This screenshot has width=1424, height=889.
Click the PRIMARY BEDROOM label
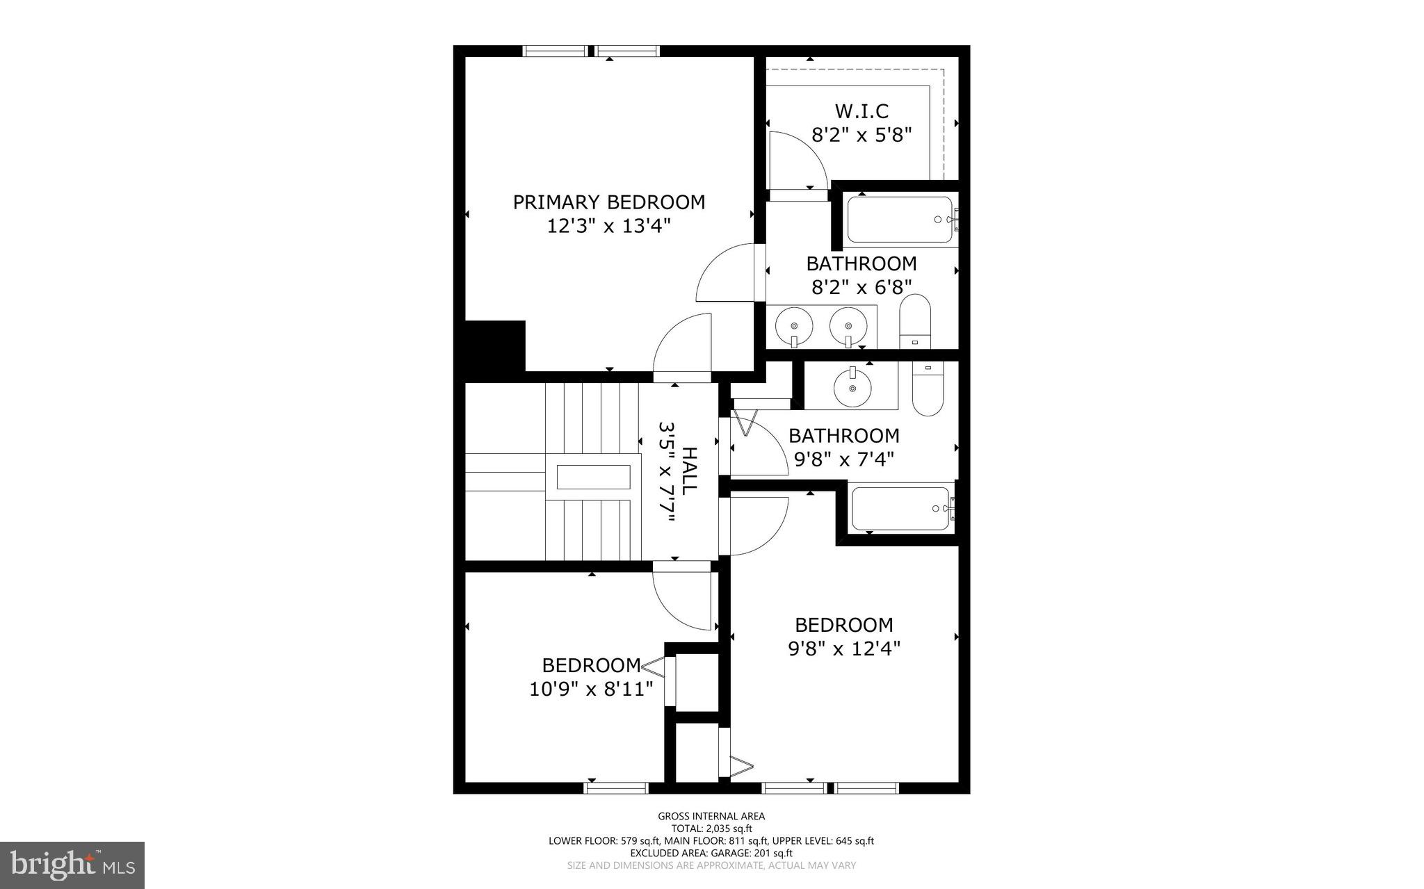coord(608,202)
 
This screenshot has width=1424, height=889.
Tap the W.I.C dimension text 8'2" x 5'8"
coord(861,135)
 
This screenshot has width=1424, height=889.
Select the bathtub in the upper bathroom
coord(899,220)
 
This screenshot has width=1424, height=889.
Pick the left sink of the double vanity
coord(793,325)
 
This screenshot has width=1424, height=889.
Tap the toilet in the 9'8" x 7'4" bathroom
coord(927,391)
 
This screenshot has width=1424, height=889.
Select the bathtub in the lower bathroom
coord(900,509)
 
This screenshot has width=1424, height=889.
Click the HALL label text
coord(688,471)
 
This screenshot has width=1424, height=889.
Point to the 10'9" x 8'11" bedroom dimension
coord(591,690)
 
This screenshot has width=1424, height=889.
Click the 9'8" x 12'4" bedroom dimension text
coord(844,649)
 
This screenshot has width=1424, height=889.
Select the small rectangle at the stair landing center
coord(592,477)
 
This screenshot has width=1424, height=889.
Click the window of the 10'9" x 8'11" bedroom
coord(616,788)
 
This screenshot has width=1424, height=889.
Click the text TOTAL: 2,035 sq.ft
coord(711,829)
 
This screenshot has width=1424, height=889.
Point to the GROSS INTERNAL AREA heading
coord(711,816)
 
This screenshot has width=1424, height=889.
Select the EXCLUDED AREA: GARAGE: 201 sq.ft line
coord(711,853)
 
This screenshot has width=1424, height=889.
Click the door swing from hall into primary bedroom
coord(682,348)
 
